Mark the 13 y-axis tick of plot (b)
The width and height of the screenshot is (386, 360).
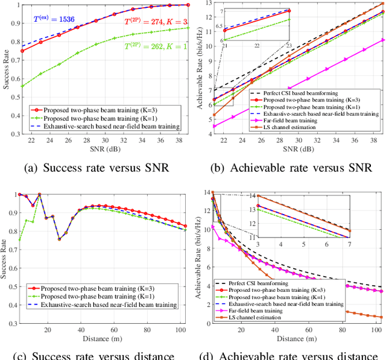pos(207,4)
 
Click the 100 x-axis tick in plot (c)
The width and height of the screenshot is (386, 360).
pos(180,328)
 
